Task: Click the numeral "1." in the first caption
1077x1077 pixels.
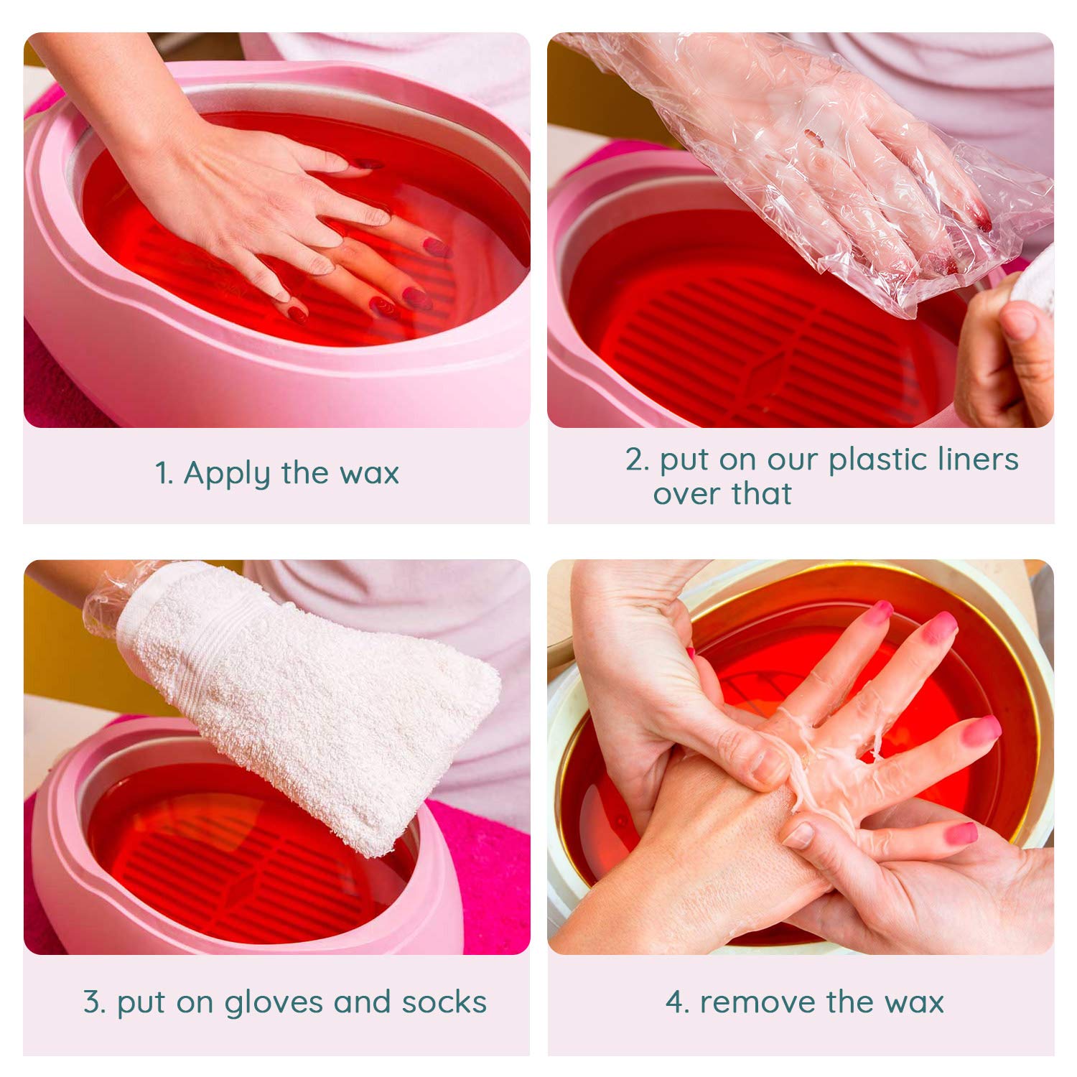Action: click(x=164, y=474)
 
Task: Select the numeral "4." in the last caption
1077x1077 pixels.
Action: click(x=676, y=1002)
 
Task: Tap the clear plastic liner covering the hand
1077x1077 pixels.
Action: click(x=826, y=158)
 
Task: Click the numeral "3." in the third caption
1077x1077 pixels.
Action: click(x=95, y=1002)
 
